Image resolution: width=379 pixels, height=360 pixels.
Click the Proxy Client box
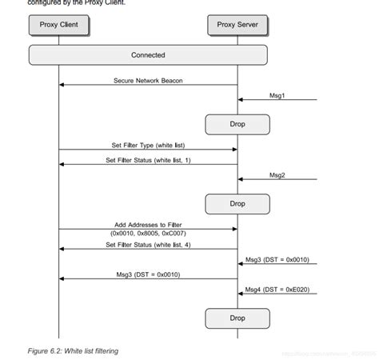coord(58,25)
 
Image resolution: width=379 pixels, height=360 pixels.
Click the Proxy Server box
coord(237,25)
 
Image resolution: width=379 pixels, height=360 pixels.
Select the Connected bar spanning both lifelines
coord(148,55)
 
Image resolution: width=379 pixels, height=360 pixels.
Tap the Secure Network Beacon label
coord(148,80)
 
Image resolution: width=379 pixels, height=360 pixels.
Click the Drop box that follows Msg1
coord(237,124)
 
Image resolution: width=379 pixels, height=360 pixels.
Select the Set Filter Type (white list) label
coord(148,145)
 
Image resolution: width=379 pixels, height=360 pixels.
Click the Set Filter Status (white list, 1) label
coord(148,160)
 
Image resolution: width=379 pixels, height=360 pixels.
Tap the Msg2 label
coord(277,174)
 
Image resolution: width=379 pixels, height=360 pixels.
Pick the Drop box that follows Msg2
coord(237,203)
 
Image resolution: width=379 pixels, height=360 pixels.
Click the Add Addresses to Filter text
coord(148,225)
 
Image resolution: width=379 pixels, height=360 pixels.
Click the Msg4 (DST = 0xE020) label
coord(277,289)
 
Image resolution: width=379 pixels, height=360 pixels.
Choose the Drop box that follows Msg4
coord(237,318)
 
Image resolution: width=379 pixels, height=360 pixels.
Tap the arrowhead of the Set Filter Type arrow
coord(234,150)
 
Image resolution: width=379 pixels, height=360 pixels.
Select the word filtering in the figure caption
coord(102,350)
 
